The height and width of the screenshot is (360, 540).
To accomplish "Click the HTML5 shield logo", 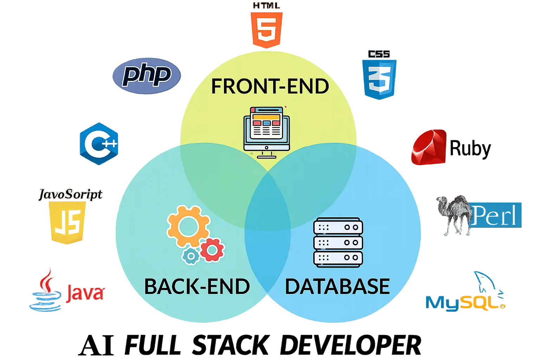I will pyautogui.click(x=267, y=30).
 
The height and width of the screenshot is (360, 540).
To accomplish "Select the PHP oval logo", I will pyautogui.click(x=146, y=75).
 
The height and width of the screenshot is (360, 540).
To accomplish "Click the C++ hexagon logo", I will pyautogui.click(x=100, y=143).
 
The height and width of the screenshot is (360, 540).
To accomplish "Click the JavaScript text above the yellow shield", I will pyautogui.click(x=70, y=194).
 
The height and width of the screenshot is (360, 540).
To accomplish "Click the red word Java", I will pyautogui.click(x=85, y=292).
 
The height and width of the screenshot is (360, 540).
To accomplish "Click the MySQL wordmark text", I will pyautogui.click(x=464, y=302).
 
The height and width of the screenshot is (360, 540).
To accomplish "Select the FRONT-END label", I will pyautogui.click(x=270, y=86).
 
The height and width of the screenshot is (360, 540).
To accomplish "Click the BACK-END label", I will pyautogui.click(x=197, y=287).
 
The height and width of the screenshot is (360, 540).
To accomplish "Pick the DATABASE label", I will pyautogui.click(x=337, y=287).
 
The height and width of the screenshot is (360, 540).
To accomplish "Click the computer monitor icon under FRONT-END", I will pyautogui.click(x=266, y=132).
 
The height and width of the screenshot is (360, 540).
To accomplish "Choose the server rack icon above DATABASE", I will pyautogui.click(x=338, y=243).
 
